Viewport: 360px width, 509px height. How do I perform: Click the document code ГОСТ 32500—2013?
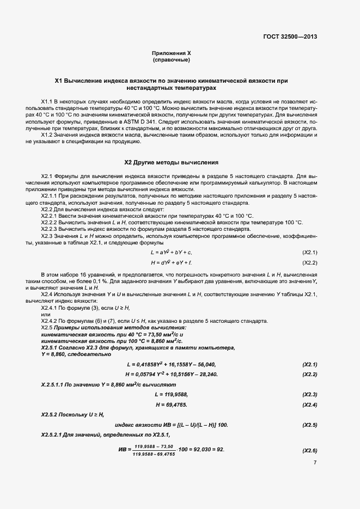point(289,37)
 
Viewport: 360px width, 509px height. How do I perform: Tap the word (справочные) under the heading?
point(171,59)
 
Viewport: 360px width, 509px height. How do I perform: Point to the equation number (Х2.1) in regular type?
point(309,253)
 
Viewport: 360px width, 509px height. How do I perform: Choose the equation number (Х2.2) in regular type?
point(309,262)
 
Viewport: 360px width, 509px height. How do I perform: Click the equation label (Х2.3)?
point(309,394)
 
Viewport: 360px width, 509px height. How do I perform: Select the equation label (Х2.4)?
point(309,404)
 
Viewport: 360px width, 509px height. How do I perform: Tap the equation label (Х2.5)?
point(309,424)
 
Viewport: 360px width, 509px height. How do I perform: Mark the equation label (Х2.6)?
point(309,450)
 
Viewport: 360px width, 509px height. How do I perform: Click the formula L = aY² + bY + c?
point(171,253)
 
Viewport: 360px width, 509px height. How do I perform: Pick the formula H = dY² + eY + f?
point(171,262)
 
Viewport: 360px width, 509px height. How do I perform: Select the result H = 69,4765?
point(171,404)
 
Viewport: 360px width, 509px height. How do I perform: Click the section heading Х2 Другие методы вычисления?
point(171,162)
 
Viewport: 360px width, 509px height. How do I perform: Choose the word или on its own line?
point(46,314)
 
